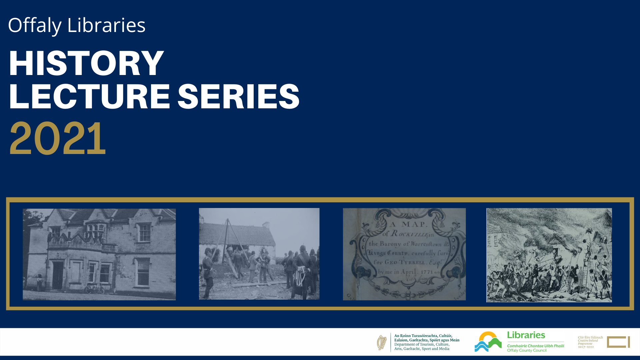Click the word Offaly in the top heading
pos(35,25)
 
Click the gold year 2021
pos(58,138)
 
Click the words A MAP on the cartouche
pos(408,224)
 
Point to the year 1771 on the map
pos(427,272)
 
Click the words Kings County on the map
pos(388,253)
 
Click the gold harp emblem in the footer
pos(382,342)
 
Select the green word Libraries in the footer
pos(526,335)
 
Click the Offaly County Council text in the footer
pos(527,350)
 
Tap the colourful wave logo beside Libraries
pos(488,342)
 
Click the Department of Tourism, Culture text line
pos(422,344)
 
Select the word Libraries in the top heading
pos(106,25)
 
